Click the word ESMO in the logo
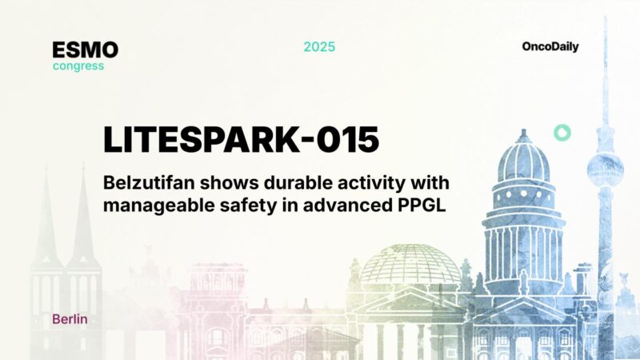[85, 50]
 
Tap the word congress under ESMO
[78, 66]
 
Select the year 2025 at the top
[319, 46]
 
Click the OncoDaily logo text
[550, 46]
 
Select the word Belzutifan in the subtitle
[144, 182]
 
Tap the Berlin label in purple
[70, 319]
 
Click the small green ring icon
[562, 133]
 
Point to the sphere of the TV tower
[604, 167]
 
